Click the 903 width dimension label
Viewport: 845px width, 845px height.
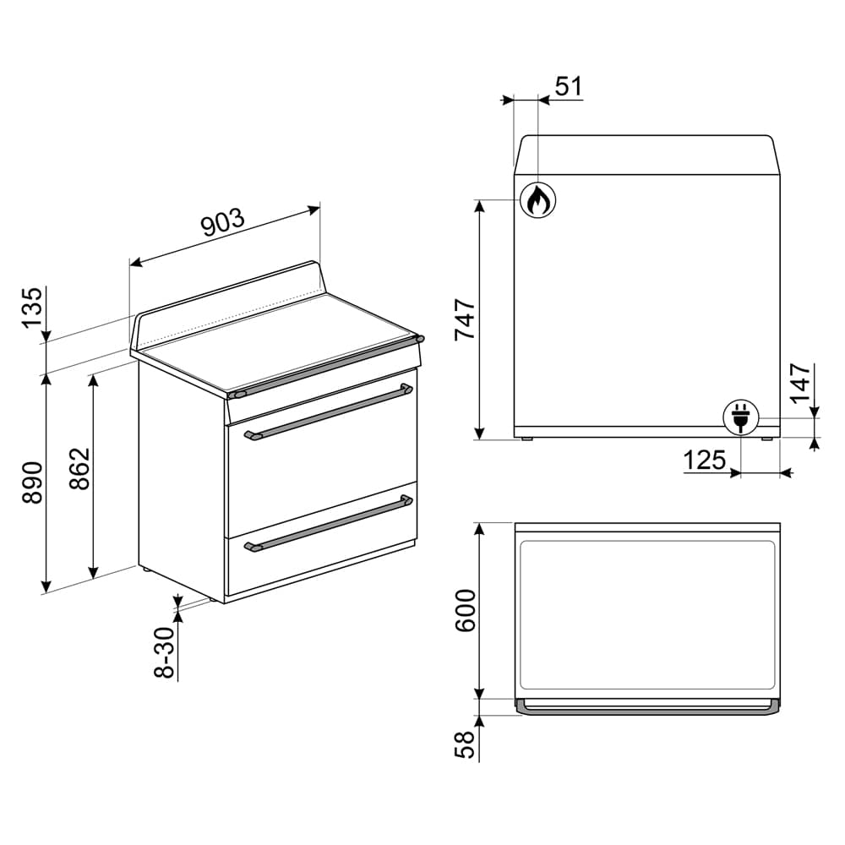[222, 222]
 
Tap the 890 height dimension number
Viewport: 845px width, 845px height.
[31, 482]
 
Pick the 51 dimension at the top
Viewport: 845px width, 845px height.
[568, 87]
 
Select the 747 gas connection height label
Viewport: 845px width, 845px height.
[466, 319]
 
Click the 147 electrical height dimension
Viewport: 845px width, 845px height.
[800, 384]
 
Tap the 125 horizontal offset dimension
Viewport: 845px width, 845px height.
[704, 461]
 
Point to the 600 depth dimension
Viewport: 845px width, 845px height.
[466, 611]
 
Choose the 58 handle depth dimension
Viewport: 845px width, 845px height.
[466, 744]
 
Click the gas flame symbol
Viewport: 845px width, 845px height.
[537, 200]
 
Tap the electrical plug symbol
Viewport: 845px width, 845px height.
[741, 417]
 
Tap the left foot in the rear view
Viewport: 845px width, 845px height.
[527, 439]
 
